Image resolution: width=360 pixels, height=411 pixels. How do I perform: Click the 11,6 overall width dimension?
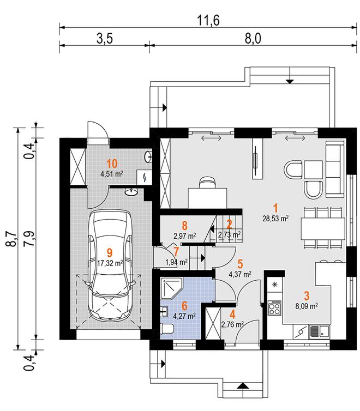click(x=204, y=21)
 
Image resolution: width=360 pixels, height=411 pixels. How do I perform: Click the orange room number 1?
click(x=276, y=208)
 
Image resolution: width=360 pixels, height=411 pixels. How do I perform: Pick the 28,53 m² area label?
click(x=276, y=218)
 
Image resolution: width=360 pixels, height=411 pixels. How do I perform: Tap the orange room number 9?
click(x=110, y=252)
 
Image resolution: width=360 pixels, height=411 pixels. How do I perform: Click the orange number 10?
click(x=111, y=164)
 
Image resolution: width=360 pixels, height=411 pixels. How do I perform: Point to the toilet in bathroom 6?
click(x=168, y=328)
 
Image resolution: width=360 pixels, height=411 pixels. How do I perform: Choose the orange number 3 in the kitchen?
click(x=307, y=297)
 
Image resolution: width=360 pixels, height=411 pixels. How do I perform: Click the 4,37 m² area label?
click(x=240, y=274)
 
